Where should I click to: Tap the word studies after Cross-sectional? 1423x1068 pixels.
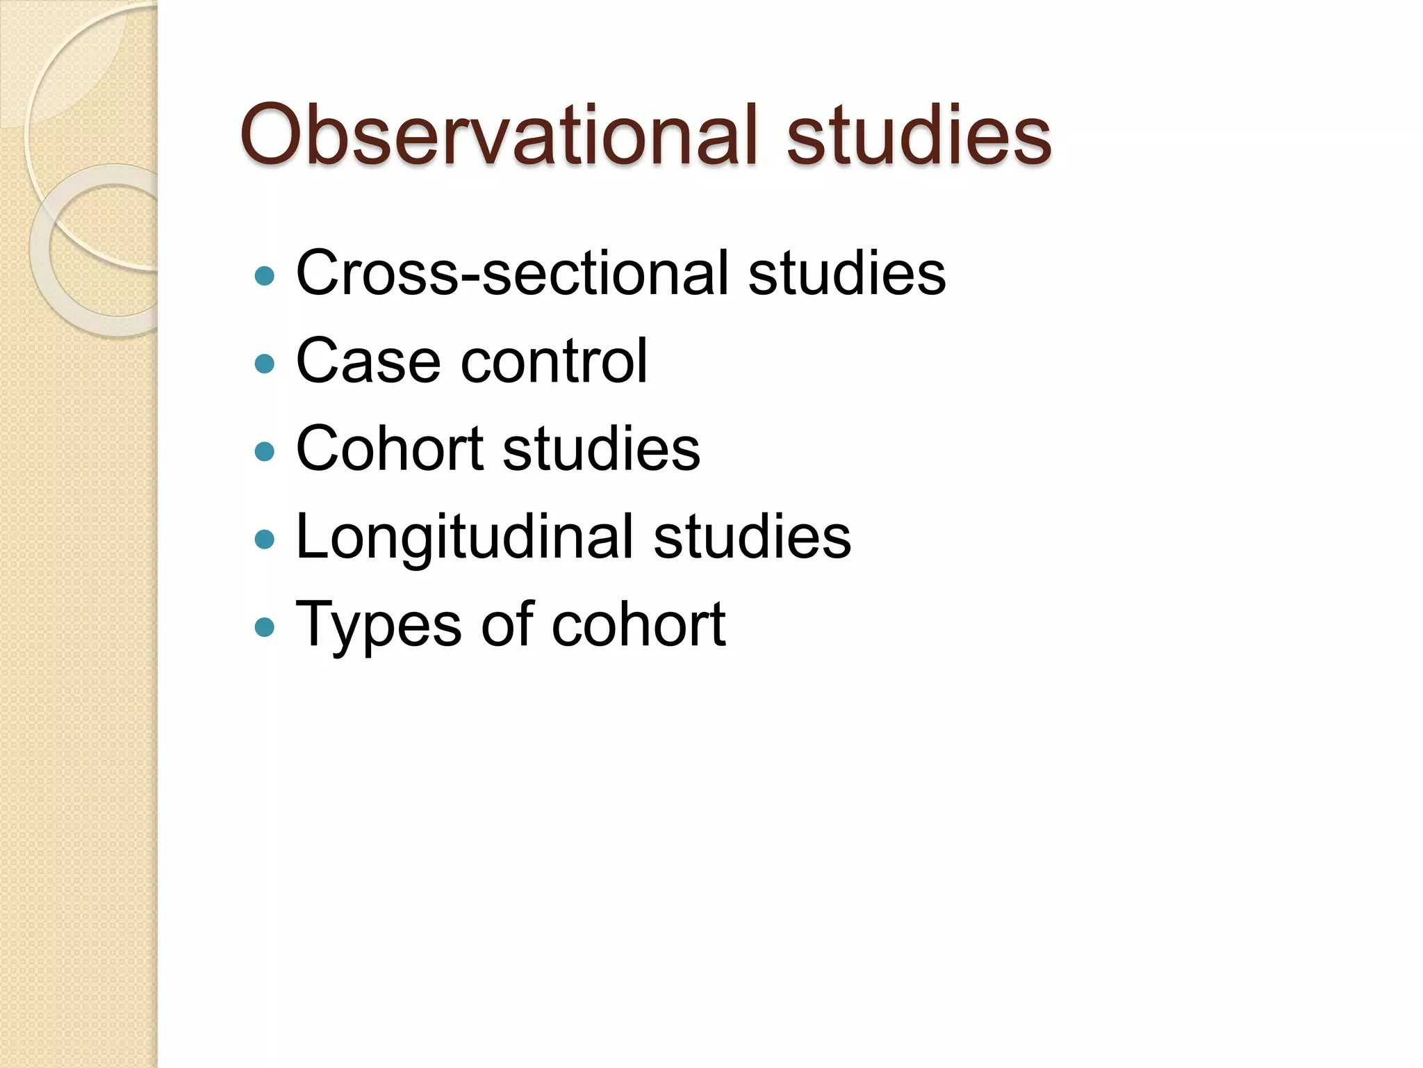pos(846,273)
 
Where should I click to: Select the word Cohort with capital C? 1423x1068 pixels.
pos(389,448)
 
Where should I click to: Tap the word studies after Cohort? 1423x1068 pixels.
pos(601,448)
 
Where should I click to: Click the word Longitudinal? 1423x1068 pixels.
pos(464,537)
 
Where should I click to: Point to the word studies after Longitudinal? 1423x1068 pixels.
pos(752,537)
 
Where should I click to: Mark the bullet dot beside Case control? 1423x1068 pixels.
pos(265,364)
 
